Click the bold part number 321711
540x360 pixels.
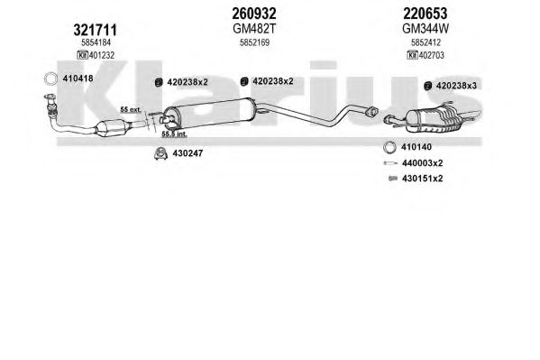[95, 31]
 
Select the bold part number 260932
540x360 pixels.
[254, 14]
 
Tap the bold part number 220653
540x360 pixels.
[426, 14]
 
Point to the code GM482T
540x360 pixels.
[254, 29]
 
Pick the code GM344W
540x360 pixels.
[426, 29]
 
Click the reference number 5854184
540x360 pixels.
[96, 42]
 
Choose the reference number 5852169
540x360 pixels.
[254, 42]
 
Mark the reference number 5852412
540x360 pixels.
[426, 42]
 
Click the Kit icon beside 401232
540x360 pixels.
[82, 55]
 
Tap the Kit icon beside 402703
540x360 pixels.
[412, 55]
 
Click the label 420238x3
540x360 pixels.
[456, 86]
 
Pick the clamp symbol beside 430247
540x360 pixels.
[160, 153]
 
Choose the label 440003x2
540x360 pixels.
[422, 163]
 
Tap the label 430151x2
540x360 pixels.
[422, 179]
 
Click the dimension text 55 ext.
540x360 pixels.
[131, 110]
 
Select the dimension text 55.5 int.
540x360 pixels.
[174, 134]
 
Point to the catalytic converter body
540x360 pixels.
[113, 127]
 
